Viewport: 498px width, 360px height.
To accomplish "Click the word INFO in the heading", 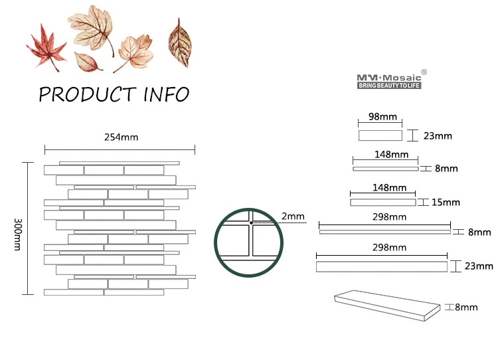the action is coord(167,94).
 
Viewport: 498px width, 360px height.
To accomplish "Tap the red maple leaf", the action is coord(46,46).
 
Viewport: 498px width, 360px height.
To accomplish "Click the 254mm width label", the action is coord(121,137).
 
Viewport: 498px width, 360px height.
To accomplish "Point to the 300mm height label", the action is coord(17,234).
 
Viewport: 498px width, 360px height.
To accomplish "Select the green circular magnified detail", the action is coord(248,242).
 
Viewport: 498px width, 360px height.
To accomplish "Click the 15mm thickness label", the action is coord(446,202).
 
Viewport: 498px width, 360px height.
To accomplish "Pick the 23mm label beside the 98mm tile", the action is coord(437,136).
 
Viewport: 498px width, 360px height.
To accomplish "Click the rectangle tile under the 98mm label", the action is coord(380,136).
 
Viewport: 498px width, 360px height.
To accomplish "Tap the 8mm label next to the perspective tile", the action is coord(466,307).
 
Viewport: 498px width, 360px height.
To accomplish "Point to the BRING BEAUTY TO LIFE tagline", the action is coord(390,86).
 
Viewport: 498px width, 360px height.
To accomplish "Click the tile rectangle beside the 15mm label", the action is coord(382,202).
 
